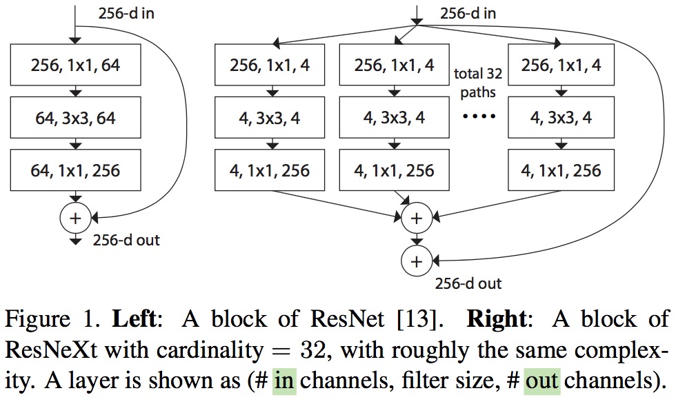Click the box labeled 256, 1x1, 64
(77, 67)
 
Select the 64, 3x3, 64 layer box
(77, 118)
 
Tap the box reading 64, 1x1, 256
(77, 170)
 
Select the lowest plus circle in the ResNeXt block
(416, 261)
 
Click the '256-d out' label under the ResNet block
(126, 240)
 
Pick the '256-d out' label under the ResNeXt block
(468, 283)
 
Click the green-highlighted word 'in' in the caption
(285, 381)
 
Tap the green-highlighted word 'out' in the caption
(541, 381)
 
